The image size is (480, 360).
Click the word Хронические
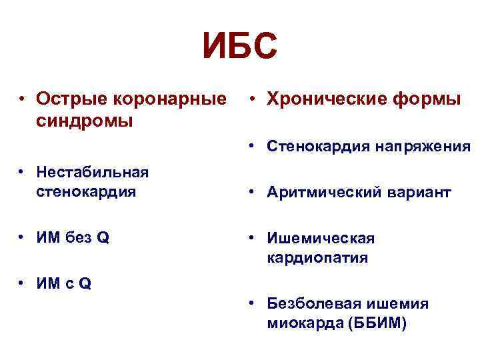327,99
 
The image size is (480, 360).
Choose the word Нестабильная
92,173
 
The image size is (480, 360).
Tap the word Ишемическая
321,238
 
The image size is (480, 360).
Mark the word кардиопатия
317,258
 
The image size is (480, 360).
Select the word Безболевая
310,303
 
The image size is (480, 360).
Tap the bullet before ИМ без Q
22,238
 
